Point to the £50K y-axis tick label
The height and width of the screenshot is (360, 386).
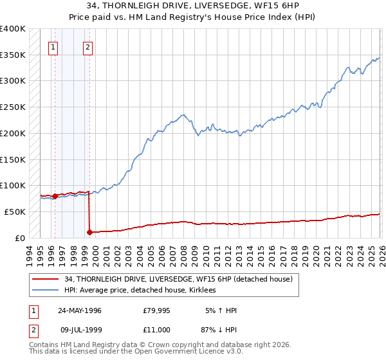[x=14, y=212]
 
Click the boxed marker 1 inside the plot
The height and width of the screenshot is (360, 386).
[x=53, y=46]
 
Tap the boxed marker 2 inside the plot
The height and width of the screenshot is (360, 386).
[x=87, y=46]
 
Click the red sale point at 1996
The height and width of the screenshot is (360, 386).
[x=55, y=196]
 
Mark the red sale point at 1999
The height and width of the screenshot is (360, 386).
[x=89, y=232]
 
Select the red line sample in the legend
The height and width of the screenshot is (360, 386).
[x=46, y=279]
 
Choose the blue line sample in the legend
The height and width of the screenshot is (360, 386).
[x=46, y=290]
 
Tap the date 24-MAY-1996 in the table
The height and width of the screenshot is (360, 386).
[x=79, y=310]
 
